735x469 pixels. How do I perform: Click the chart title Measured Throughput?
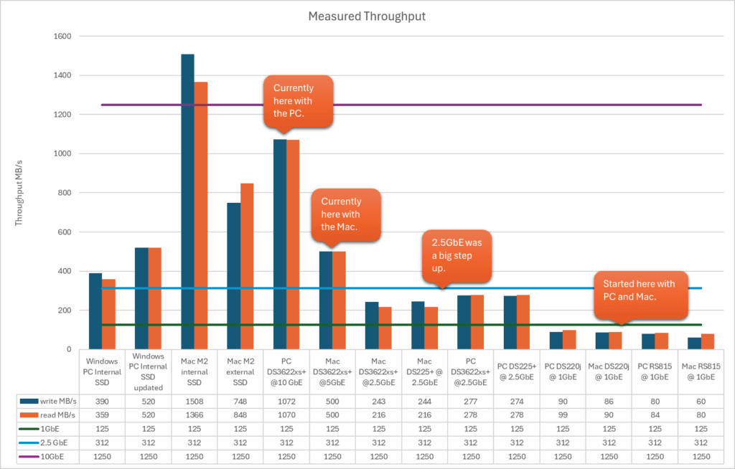point(367,16)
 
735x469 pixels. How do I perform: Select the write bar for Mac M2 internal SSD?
point(187,202)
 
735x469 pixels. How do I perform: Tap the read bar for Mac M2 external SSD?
point(246,266)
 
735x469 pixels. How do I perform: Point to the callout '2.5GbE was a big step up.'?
point(457,256)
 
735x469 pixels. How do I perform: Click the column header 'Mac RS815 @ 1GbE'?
point(701,371)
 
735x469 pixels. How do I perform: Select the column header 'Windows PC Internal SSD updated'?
point(148,371)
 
